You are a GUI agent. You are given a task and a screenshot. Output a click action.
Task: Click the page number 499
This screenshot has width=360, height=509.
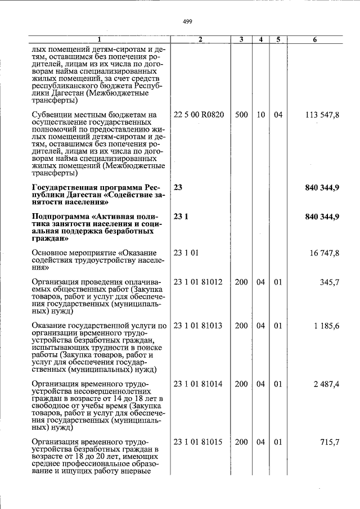[x=188, y=22]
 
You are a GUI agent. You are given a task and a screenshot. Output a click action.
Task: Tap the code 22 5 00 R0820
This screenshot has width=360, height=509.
[x=199, y=115]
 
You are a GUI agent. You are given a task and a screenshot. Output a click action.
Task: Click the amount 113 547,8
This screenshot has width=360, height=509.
[x=322, y=115]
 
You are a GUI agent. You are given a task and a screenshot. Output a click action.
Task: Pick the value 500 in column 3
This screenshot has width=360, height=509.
[x=241, y=115]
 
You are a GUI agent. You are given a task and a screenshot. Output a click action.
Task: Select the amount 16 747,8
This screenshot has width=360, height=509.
[x=325, y=254]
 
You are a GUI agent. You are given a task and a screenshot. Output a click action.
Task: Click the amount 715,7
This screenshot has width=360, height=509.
[x=330, y=442]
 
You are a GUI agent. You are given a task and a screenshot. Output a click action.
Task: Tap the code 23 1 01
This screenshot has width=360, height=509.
[x=186, y=254]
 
